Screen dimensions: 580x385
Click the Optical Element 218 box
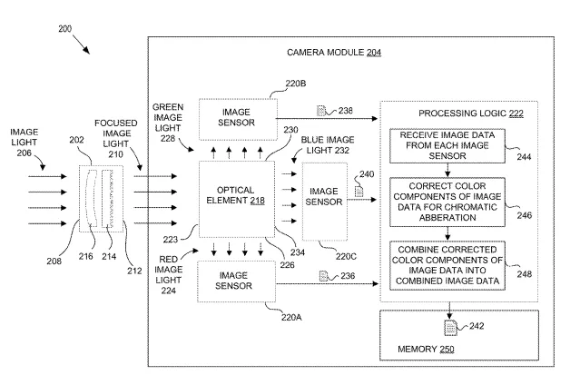[237, 199]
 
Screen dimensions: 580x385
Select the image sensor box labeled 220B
[238, 119]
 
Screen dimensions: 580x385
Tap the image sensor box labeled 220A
[236, 281]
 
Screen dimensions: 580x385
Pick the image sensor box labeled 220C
[324, 202]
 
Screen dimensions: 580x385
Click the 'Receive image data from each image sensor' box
[447, 146]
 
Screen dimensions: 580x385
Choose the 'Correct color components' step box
[447, 202]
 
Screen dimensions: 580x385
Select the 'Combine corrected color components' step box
[447, 265]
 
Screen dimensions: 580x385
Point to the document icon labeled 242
[450, 328]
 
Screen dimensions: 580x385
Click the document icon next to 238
[321, 111]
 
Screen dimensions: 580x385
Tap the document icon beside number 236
[323, 276]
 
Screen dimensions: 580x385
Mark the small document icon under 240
[359, 192]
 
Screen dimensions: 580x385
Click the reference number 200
[65, 28]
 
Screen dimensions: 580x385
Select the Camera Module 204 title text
[334, 53]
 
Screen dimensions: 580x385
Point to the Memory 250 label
[426, 349]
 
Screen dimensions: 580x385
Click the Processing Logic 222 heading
[471, 114]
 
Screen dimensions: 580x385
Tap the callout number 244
[524, 157]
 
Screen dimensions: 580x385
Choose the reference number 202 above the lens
[76, 140]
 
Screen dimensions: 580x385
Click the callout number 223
[171, 240]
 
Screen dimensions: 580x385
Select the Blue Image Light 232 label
[328, 145]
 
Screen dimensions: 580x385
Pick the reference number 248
[525, 274]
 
